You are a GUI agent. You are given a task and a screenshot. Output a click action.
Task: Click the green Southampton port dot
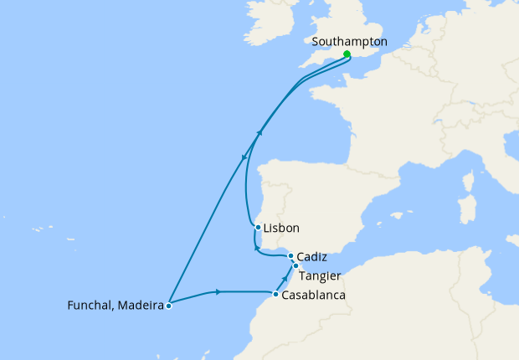click(347, 54)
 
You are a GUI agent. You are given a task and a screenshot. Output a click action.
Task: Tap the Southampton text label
click(348, 40)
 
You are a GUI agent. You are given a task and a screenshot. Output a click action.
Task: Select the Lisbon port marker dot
click(258, 227)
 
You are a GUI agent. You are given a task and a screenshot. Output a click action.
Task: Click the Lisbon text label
click(281, 228)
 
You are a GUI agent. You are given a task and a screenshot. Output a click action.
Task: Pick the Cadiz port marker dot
click(290, 256)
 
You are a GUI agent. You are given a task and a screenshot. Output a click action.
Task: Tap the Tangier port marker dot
click(295, 265)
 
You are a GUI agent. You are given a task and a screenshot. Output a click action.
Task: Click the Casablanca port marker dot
click(275, 294)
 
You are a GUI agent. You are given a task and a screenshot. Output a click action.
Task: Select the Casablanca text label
click(313, 296)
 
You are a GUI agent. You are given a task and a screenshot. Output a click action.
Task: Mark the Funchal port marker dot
click(169, 306)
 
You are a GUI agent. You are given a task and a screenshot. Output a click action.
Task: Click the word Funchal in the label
click(89, 306)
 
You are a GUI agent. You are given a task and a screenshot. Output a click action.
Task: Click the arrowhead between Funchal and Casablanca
click(218, 291)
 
